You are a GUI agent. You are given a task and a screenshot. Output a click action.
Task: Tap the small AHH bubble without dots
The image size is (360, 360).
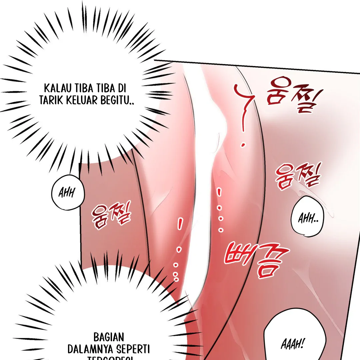click(x=68, y=193)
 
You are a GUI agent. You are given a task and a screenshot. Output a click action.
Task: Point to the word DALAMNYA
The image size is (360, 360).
click(x=90, y=349)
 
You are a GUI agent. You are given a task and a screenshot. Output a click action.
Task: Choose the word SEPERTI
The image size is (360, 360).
click(x=133, y=349)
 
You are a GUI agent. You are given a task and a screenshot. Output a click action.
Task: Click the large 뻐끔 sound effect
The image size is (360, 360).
click(x=255, y=259)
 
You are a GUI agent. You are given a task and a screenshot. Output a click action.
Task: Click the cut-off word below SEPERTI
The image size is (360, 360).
click(x=110, y=358)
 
